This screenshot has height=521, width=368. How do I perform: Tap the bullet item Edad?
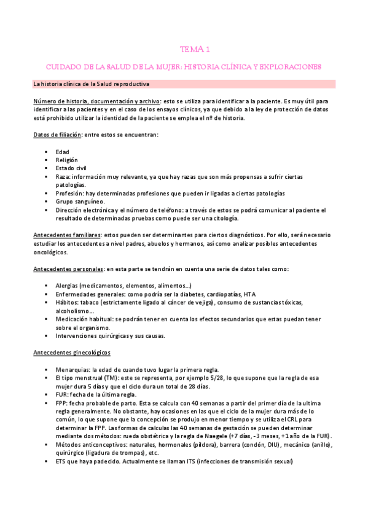62,152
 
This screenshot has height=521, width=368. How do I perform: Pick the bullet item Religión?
66,160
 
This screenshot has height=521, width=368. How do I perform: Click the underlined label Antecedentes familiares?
67,235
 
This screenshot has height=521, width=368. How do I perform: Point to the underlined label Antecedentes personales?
68,269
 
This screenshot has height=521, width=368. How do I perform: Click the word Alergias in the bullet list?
66,286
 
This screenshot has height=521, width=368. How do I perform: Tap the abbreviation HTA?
249,294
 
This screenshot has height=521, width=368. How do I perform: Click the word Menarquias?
72,369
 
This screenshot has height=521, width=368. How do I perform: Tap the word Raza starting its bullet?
63,176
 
